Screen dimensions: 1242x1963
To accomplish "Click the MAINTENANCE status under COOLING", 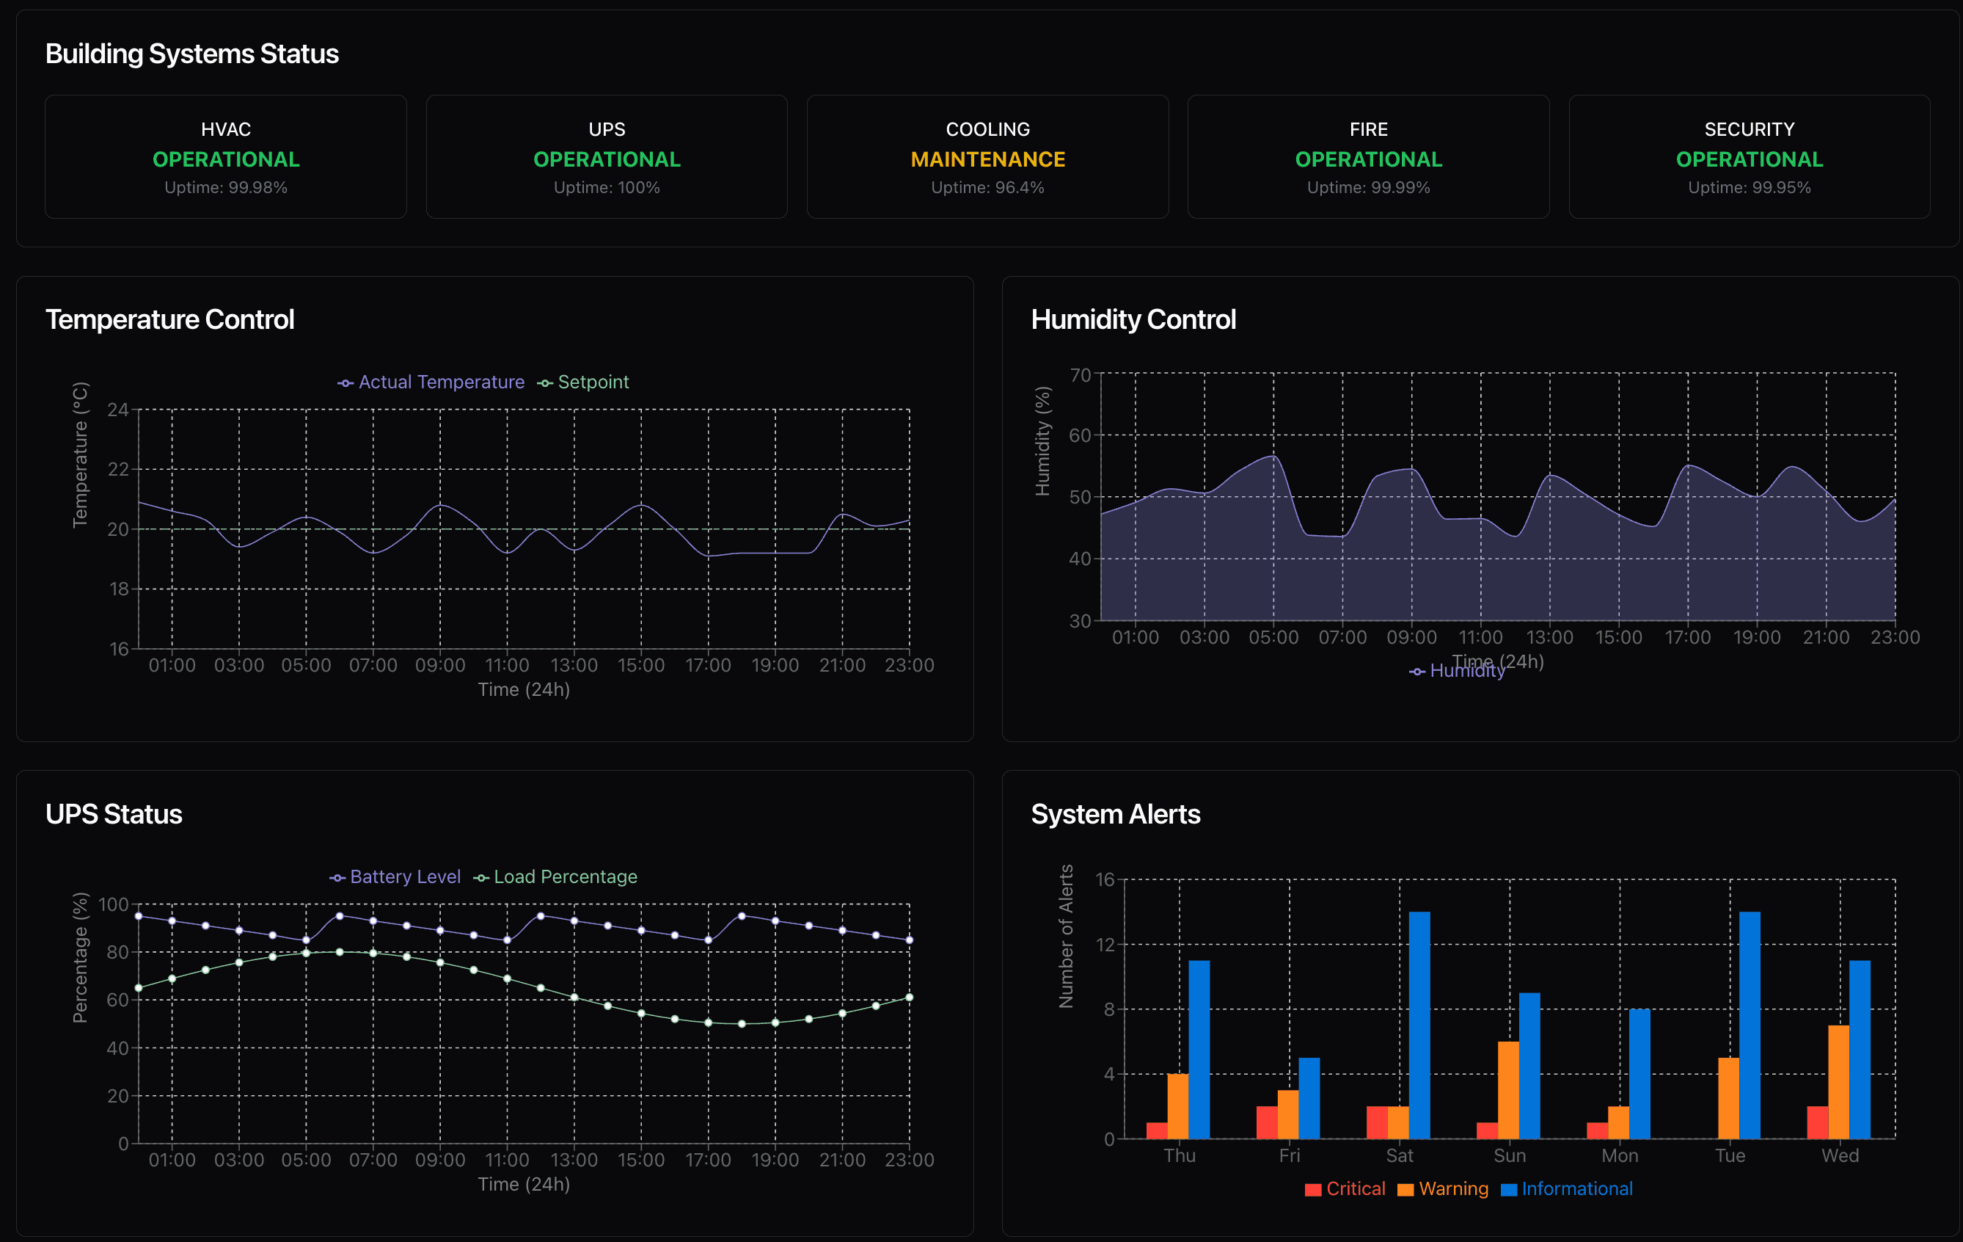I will pyautogui.click(x=987, y=159).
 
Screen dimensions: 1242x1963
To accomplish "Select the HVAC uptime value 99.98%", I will pyautogui.click(x=226, y=188).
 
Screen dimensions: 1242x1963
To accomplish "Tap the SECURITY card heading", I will pyautogui.click(x=1749, y=129).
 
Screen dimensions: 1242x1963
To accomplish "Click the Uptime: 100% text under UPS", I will pyautogui.click(x=607, y=188).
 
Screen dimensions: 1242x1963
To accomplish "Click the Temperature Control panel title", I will pyautogui.click(x=169, y=319).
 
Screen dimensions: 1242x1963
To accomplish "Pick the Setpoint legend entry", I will pyautogui.click(x=584, y=382).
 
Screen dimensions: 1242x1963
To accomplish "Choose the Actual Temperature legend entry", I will pyautogui.click(x=431, y=382).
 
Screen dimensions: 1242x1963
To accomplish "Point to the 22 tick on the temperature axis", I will pyautogui.click(x=118, y=469).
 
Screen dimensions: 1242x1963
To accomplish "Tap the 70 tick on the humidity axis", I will pyautogui.click(x=1079, y=375).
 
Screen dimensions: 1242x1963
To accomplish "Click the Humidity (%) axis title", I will pyautogui.click(x=1042, y=440).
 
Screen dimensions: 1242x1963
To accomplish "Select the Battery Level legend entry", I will pyautogui.click(x=395, y=876).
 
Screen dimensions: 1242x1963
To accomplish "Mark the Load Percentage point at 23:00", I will pyautogui.click(x=909, y=997).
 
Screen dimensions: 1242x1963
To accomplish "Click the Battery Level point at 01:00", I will pyautogui.click(x=172, y=920).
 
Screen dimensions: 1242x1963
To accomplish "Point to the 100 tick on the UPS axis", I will pyautogui.click(x=113, y=904).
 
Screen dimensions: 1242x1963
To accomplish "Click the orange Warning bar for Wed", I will pyautogui.click(x=1838, y=1081).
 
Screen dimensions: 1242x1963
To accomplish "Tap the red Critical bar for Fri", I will pyautogui.click(x=1267, y=1122).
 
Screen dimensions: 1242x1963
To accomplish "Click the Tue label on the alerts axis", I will pyautogui.click(x=1730, y=1155).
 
